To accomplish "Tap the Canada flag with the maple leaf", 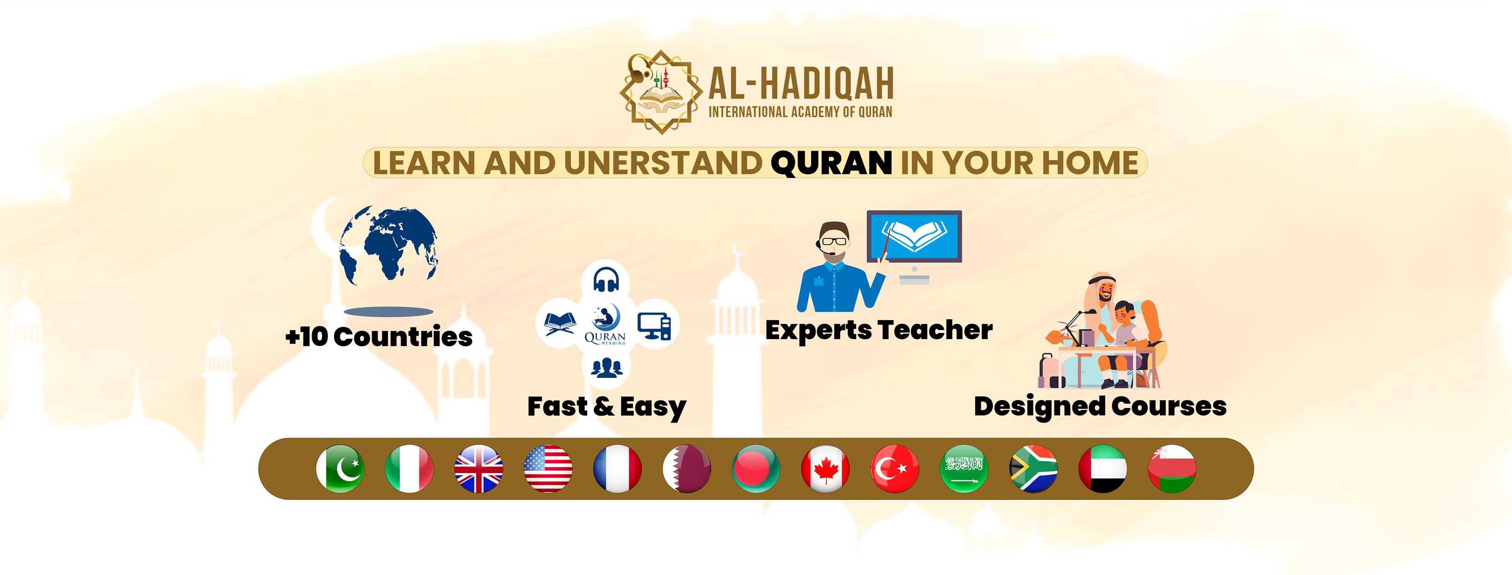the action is click(825, 469).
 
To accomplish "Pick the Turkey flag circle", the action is click(894, 469).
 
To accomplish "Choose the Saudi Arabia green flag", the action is click(964, 469).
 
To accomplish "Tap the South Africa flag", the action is click(1033, 469).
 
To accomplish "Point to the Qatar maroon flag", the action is click(687, 469).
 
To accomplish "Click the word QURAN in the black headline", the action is click(831, 163).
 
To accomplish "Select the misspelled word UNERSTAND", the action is click(663, 163).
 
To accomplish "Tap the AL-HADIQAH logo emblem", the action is click(661, 92).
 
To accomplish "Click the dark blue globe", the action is click(388, 245).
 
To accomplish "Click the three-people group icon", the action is click(606, 367).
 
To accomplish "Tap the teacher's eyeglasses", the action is click(834, 241).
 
